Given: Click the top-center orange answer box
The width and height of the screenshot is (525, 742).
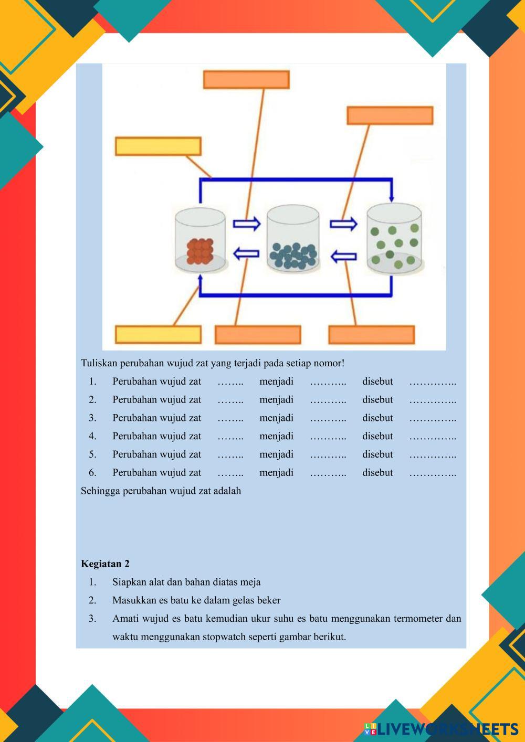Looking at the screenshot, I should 246,80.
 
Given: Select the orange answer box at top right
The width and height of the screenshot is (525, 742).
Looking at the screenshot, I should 390,115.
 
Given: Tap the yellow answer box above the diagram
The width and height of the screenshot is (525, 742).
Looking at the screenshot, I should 158,146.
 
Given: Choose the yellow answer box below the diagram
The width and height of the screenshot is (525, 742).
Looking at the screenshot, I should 158,335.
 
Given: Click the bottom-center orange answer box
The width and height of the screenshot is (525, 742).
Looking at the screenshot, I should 258,335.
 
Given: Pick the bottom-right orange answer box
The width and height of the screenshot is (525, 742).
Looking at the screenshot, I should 372,335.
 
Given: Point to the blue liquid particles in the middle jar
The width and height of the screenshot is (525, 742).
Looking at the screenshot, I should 293,255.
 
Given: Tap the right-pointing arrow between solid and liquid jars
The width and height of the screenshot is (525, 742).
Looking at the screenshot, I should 247,224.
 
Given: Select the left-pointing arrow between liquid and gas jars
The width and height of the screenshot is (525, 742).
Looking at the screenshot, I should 343,257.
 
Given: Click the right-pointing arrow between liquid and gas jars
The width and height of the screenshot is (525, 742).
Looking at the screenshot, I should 343,224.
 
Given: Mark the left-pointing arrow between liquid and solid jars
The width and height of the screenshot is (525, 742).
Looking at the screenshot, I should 246,254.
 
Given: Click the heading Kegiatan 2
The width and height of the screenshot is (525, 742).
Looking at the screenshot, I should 105,564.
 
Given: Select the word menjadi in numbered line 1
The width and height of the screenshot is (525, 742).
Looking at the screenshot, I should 276,381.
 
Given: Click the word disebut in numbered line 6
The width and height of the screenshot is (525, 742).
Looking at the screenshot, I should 377,472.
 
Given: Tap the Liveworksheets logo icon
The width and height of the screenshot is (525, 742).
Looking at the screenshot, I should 371,728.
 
